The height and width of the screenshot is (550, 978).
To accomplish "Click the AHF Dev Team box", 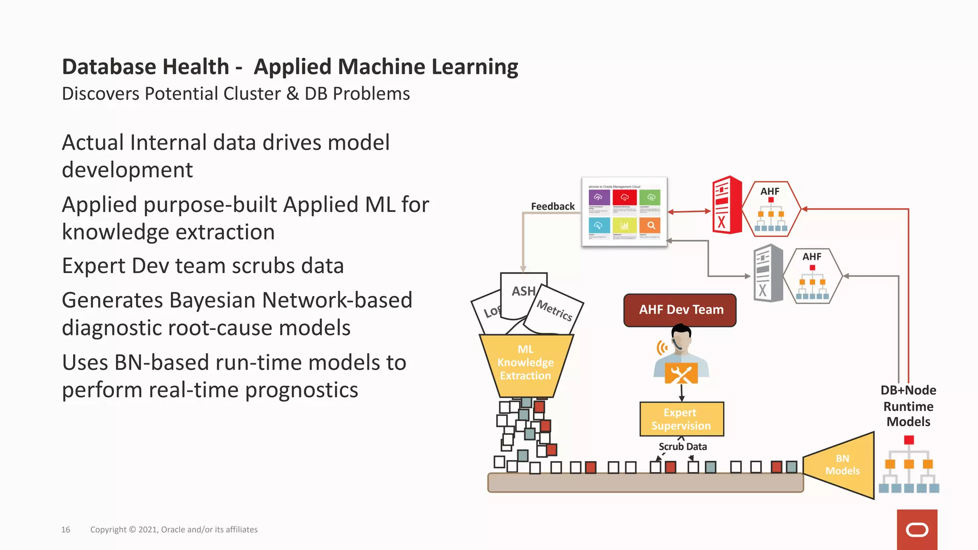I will (x=680, y=310).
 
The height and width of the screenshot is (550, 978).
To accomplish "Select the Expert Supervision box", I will (x=681, y=419).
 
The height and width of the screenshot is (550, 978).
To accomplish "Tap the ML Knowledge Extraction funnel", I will (x=526, y=365).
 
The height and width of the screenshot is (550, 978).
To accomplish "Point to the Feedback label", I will (x=553, y=206).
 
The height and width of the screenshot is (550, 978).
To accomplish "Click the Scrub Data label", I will (x=682, y=446).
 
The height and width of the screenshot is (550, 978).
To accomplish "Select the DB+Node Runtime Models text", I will (x=908, y=406).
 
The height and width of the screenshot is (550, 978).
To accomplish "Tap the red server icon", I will (x=727, y=205).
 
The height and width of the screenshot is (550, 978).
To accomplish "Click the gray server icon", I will (x=768, y=274).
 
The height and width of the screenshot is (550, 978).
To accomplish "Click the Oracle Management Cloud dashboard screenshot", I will (x=624, y=212).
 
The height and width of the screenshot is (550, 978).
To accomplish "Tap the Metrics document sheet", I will (x=554, y=310).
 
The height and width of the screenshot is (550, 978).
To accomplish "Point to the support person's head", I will (x=681, y=337).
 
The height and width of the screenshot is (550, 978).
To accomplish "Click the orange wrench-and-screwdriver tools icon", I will (x=681, y=374).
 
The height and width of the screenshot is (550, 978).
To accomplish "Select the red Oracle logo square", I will (x=916, y=529).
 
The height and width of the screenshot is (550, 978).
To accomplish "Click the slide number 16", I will (x=65, y=529).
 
